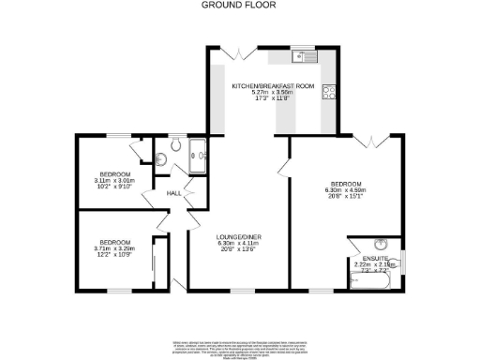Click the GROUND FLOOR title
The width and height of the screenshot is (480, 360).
coord(240,5)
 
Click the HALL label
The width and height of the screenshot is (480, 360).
coord(173,193)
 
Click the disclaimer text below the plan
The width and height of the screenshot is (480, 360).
coord(240,346)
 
